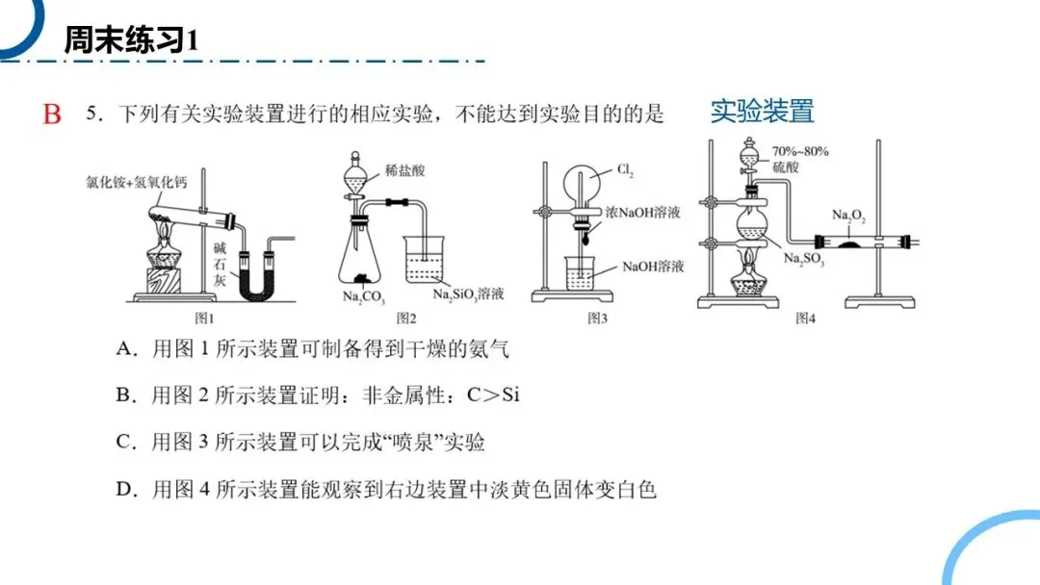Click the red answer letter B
coord(52,115)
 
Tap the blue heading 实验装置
coord(762,111)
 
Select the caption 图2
coord(405,318)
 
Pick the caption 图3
coord(598,318)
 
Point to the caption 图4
coord(805,318)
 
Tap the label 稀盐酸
coord(403,171)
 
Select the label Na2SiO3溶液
coord(469,294)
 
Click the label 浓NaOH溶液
coord(642,212)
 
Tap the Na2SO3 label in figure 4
coord(803,260)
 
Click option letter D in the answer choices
coord(123,490)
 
